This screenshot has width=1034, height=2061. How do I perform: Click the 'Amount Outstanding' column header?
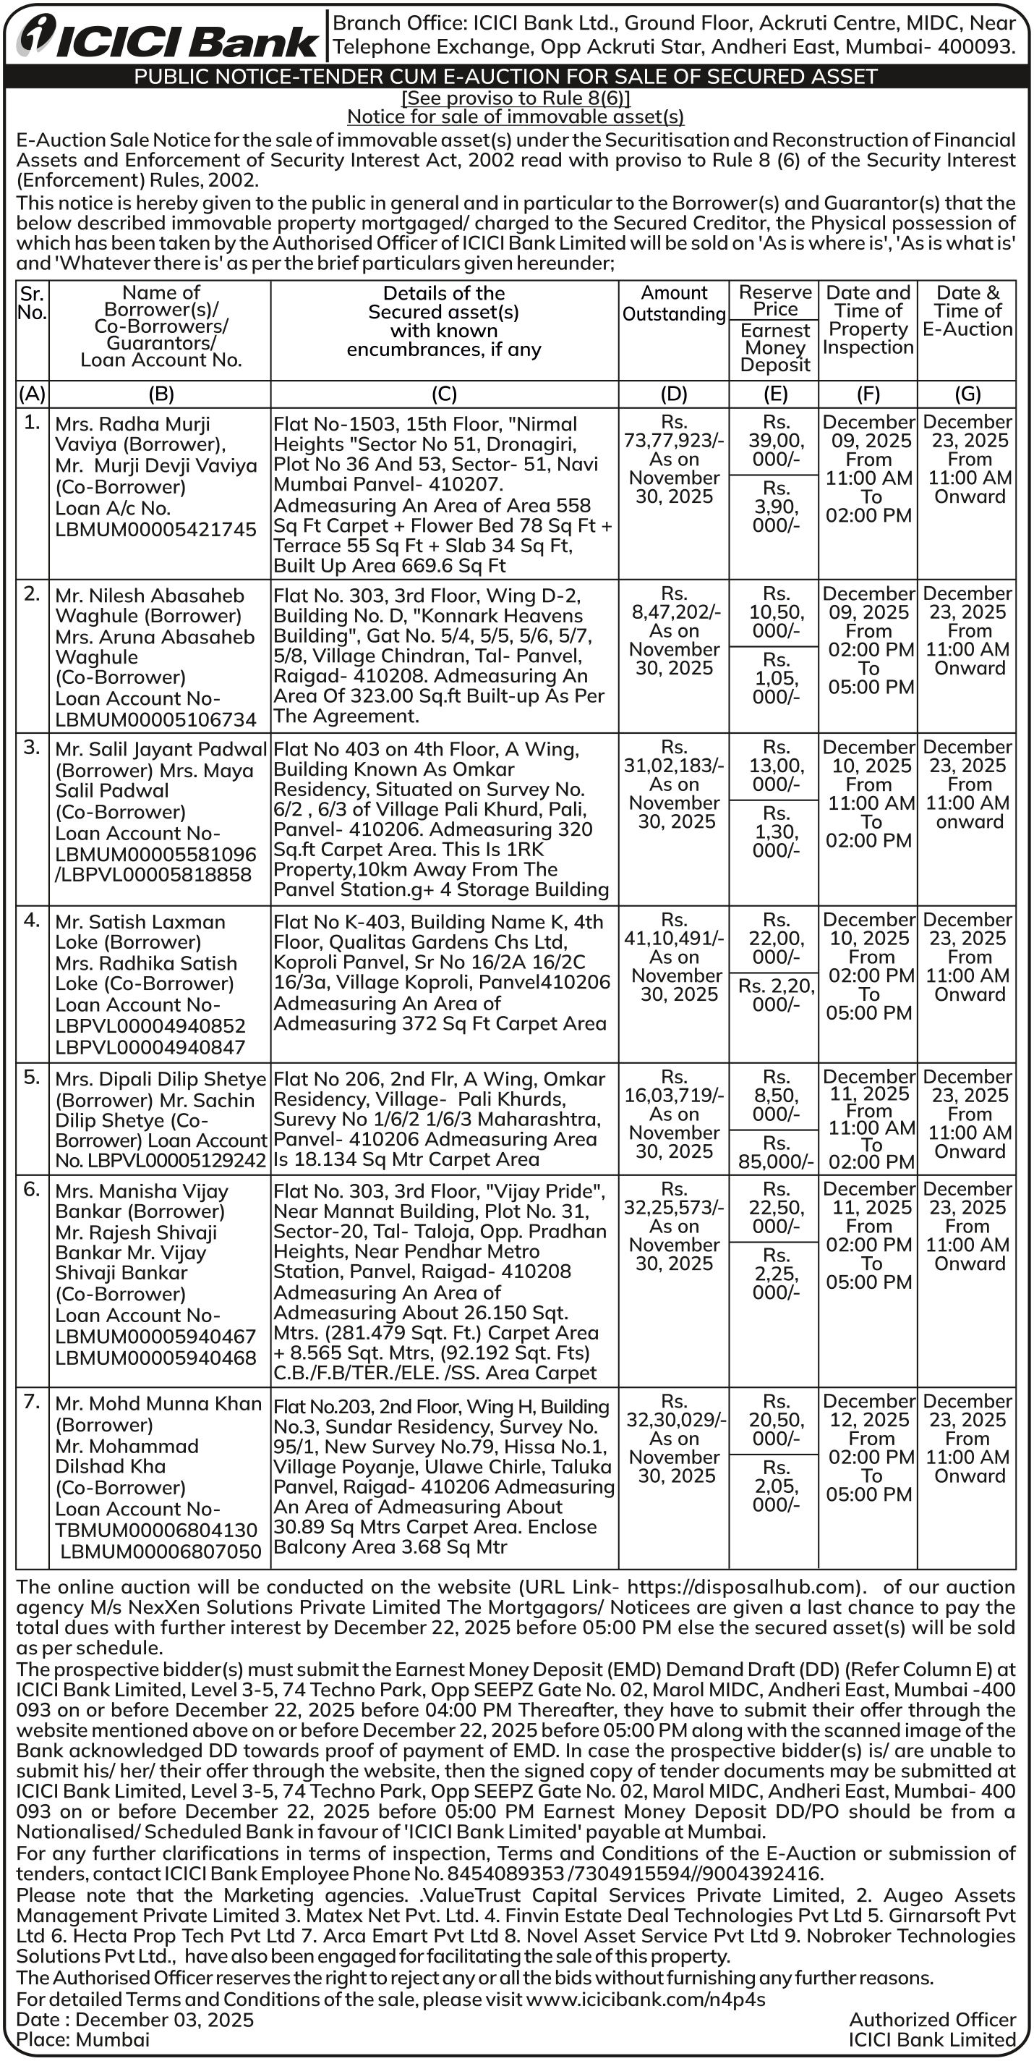pos(673,303)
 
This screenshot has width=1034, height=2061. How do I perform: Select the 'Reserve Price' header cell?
pos(774,300)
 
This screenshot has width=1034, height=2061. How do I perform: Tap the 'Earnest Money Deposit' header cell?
pos(774,347)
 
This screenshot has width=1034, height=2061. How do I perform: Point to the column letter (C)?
pos(444,394)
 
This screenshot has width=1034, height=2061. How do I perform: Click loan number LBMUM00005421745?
pos(155,529)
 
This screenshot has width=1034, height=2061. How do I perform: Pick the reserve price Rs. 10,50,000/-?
pos(775,612)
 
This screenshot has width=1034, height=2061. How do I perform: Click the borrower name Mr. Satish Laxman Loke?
pos(140,932)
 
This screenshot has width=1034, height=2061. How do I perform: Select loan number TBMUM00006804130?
pos(156,1530)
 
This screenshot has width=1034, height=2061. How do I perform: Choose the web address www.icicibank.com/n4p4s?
pos(646,1999)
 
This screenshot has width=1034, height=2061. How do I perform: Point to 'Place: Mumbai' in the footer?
pos(82,2039)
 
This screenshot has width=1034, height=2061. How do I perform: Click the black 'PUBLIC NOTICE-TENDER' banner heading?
pos(505,77)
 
